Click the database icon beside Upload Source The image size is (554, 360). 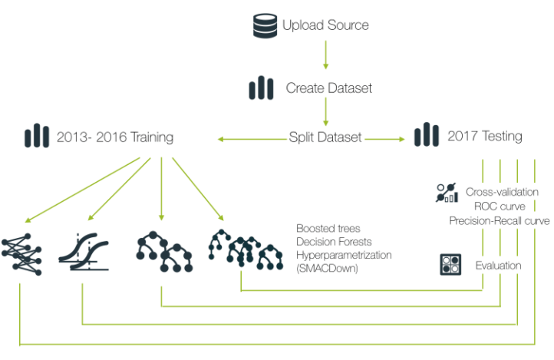[x=265, y=26]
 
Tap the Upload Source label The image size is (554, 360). [x=325, y=25]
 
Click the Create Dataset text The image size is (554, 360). [x=328, y=88]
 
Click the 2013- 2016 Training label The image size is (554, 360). [x=114, y=137]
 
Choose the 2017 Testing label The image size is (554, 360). [x=485, y=137]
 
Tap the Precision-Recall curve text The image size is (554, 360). [x=500, y=221]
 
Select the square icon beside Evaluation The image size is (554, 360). [x=451, y=265]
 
